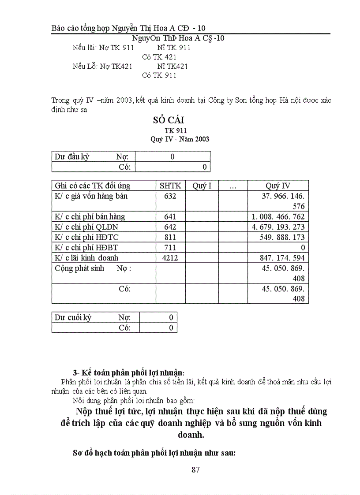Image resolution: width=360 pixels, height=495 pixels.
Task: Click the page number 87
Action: coord(196,469)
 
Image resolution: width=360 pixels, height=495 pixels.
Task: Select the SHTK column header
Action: coord(170,186)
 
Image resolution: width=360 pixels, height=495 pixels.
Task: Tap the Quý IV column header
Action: coord(278,186)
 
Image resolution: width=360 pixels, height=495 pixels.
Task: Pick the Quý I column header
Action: coord(202,186)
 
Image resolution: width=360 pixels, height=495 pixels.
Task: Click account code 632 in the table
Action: coord(170,196)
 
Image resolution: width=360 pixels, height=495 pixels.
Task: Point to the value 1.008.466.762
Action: coord(278,217)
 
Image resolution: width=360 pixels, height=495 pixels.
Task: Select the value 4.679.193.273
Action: coord(278,227)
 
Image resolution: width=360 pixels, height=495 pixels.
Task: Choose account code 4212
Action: coord(170,258)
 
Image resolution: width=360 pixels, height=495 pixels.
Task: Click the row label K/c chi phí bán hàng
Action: coord(90,217)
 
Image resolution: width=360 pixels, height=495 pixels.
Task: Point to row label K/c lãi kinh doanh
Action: coord(86,258)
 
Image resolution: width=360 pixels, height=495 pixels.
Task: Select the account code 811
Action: coord(170,237)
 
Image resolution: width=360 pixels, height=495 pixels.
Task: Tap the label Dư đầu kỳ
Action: coord(72,156)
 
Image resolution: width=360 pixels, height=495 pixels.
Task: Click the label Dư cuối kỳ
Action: coord(73,317)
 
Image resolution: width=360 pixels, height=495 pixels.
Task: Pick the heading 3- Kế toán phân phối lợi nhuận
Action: coord(128,372)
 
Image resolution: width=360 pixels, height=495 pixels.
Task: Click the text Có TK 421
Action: coord(159,57)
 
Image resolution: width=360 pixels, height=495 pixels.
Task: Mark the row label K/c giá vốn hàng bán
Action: coord(91,196)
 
